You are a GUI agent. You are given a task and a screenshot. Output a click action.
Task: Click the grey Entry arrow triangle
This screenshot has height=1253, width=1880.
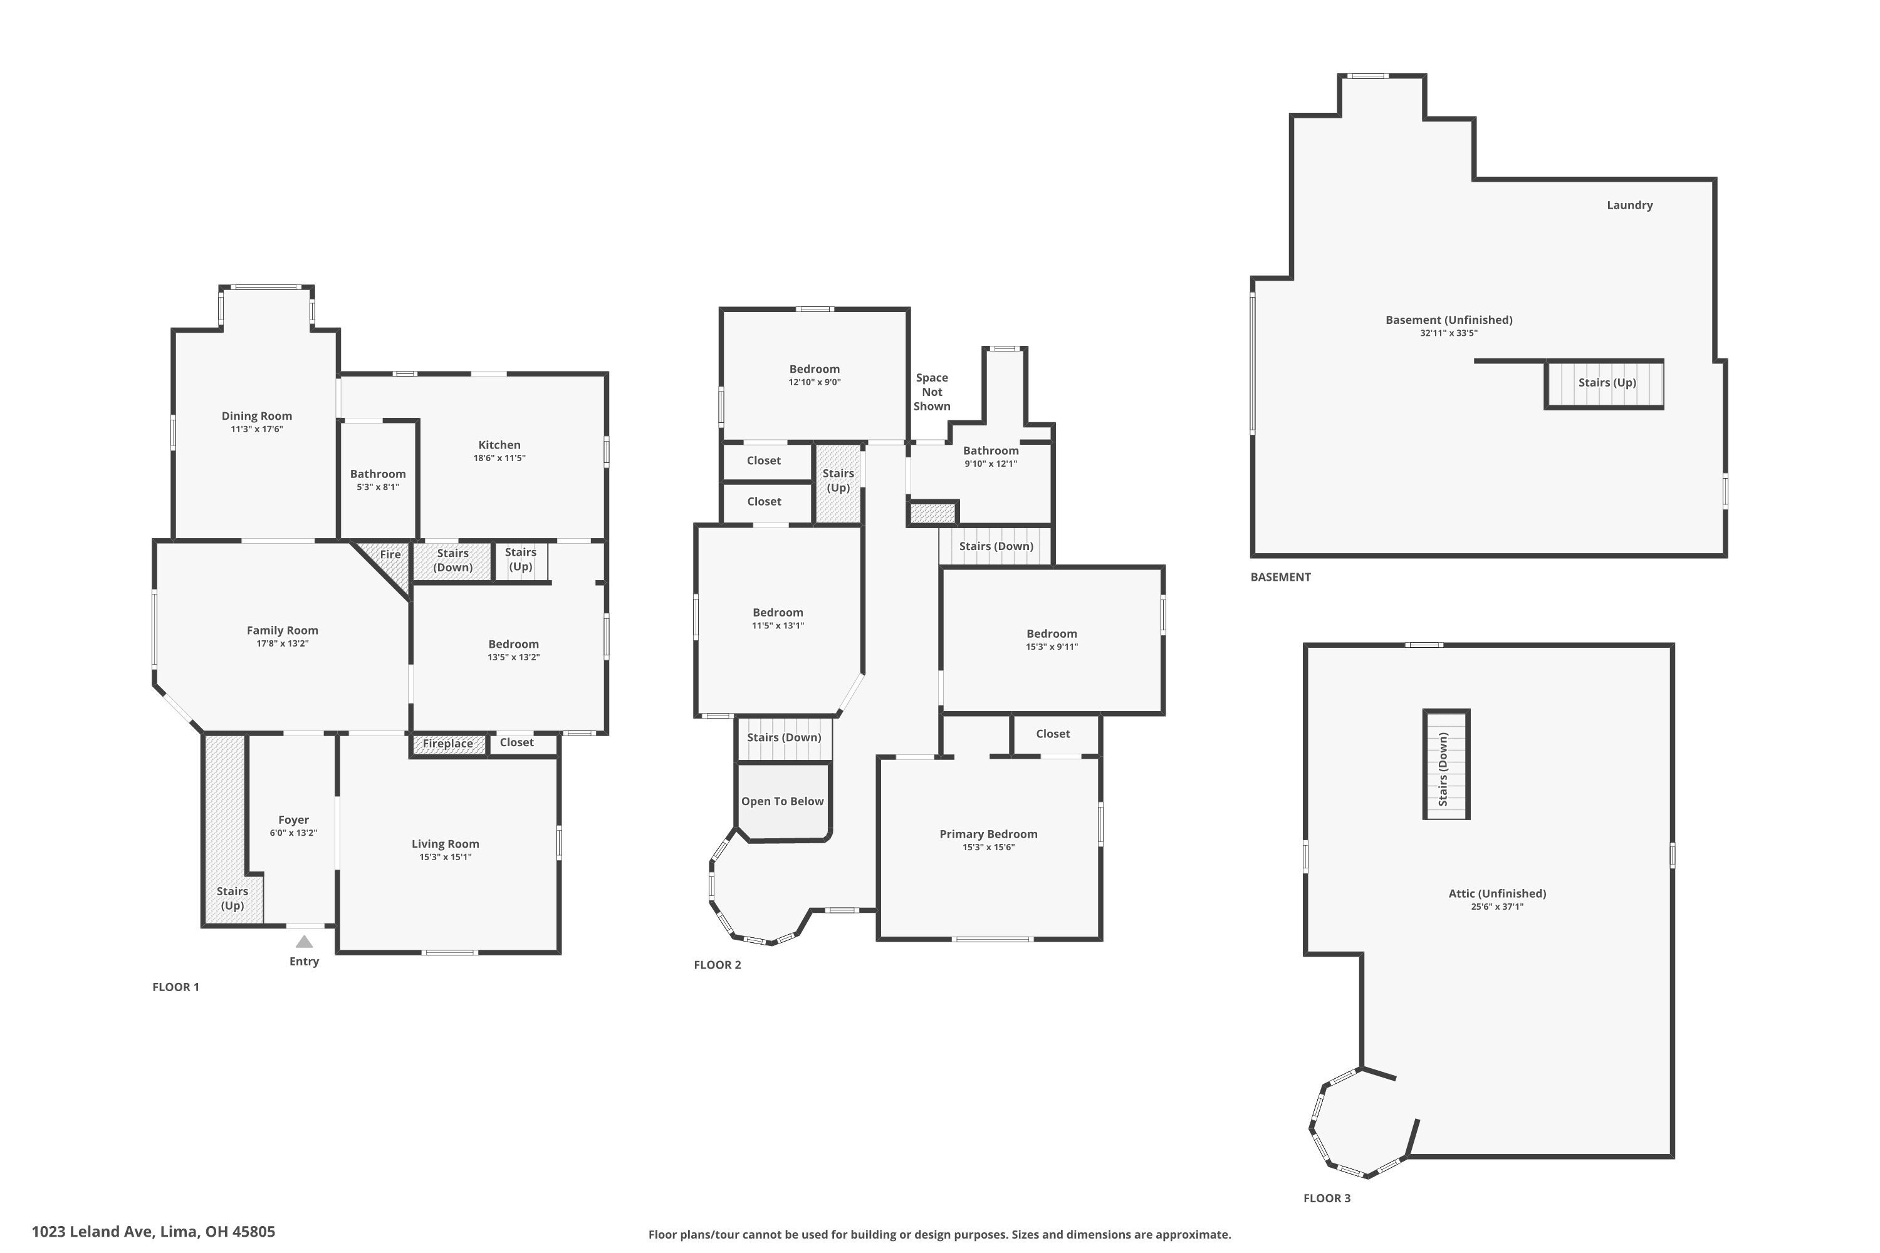point(305,942)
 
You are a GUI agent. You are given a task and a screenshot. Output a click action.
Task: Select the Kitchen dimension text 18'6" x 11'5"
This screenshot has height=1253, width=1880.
point(499,459)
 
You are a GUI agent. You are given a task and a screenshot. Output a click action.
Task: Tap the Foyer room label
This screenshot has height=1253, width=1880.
point(293,820)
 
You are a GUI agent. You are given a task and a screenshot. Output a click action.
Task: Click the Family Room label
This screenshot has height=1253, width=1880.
point(282,630)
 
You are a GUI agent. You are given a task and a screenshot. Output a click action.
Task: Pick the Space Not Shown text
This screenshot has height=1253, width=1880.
point(932,392)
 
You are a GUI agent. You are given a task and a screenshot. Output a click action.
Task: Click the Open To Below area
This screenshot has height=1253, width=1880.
point(783,801)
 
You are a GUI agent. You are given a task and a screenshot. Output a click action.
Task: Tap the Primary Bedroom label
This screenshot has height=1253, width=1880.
point(988,834)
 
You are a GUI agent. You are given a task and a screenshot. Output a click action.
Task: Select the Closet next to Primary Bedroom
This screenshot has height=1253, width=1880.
point(1053,734)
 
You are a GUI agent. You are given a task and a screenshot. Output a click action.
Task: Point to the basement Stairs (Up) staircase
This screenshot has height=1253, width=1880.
point(1606,383)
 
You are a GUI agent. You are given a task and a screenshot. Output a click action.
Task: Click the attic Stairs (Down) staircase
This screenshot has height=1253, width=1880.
point(1445,766)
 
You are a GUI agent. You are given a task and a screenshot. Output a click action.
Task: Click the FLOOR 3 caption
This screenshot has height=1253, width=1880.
point(1327,1198)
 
